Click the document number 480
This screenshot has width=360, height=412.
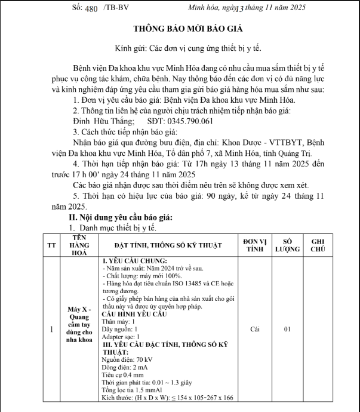[91, 8]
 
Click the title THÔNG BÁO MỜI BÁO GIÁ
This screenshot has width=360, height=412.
[180, 29]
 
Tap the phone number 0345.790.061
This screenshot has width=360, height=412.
[184, 121]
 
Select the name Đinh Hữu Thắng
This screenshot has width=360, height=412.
[100, 121]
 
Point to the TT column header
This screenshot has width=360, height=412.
[51, 245]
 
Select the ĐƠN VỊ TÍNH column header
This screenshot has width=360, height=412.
[255, 245]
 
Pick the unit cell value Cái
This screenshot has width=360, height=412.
[255, 328]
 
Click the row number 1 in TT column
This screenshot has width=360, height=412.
[51, 328]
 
